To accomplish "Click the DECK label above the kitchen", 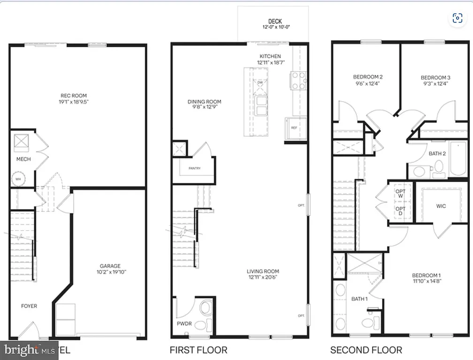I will (275, 22).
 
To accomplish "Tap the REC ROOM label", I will (73, 96).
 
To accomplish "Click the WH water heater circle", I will (18, 179).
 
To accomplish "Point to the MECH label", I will (23, 159).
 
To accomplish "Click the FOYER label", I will (29, 306).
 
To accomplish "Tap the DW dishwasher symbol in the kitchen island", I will (261, 83).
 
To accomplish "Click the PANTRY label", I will (195, 168).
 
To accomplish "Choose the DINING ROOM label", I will (204, 102).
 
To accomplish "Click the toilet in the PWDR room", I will (205, 308).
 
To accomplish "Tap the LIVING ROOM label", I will (263, 271).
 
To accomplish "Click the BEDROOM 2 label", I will (368, 77).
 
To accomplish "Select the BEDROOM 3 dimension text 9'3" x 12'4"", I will (435, 84).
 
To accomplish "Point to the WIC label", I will (441, 206).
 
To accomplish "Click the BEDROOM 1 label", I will (426, 275).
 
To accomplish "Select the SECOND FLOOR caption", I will (366, 350).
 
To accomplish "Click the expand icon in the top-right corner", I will (458, 18).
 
